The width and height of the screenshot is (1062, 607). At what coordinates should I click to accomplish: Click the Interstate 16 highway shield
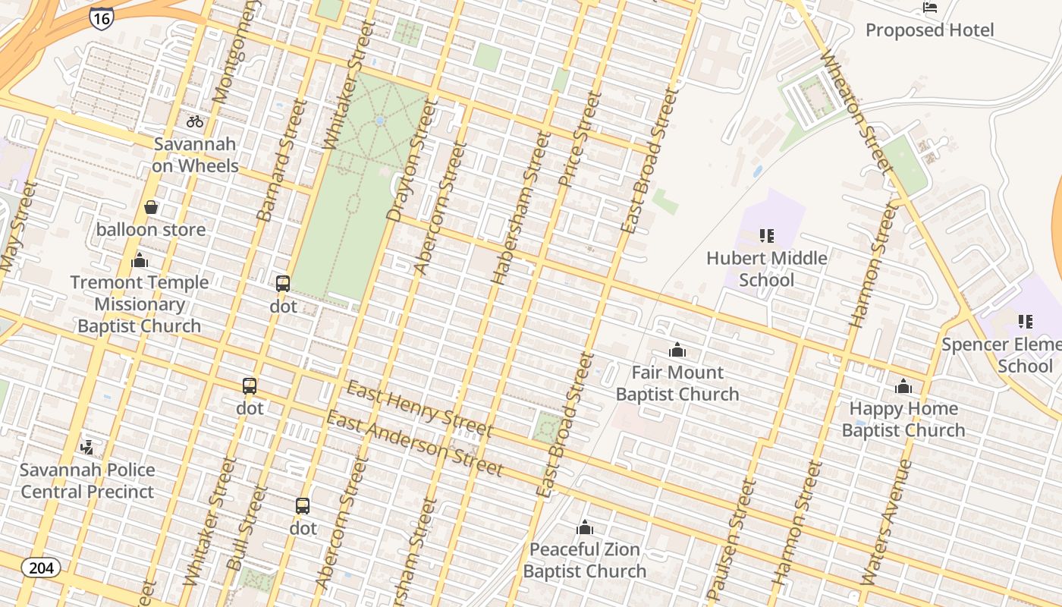[x=101, y=17]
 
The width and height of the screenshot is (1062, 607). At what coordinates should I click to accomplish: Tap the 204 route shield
[x=41, y=568]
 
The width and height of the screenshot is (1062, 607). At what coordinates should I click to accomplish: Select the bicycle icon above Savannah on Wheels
[x=195, y=121]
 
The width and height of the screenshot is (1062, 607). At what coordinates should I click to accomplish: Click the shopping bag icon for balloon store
[x=151, y=207]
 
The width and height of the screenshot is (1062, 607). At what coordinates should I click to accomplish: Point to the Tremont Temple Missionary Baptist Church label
[x=139, y=304]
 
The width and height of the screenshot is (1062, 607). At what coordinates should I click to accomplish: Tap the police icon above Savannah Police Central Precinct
[x=87, y=447]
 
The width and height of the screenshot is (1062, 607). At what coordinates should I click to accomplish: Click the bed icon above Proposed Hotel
[x=929, y=8]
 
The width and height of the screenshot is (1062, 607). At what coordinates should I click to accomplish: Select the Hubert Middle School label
[x=766, y=269]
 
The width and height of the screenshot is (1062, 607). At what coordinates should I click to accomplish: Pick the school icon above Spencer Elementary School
[x=1025, y=322]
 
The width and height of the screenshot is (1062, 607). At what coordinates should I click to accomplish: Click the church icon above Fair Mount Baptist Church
[x=677, y=350]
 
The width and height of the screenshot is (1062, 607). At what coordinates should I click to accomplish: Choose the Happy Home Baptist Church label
[x=903, y=420]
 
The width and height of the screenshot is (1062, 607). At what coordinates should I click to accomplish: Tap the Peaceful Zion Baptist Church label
[x=585, y=560]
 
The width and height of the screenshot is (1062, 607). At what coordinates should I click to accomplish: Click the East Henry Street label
[x=419, y=410]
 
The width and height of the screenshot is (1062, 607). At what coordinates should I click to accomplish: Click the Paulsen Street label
[x=733, y=539]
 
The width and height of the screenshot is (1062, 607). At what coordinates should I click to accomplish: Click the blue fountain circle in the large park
[x=379, y=121]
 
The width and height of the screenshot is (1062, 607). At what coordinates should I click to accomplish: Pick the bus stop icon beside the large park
[x=283, y=284]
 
